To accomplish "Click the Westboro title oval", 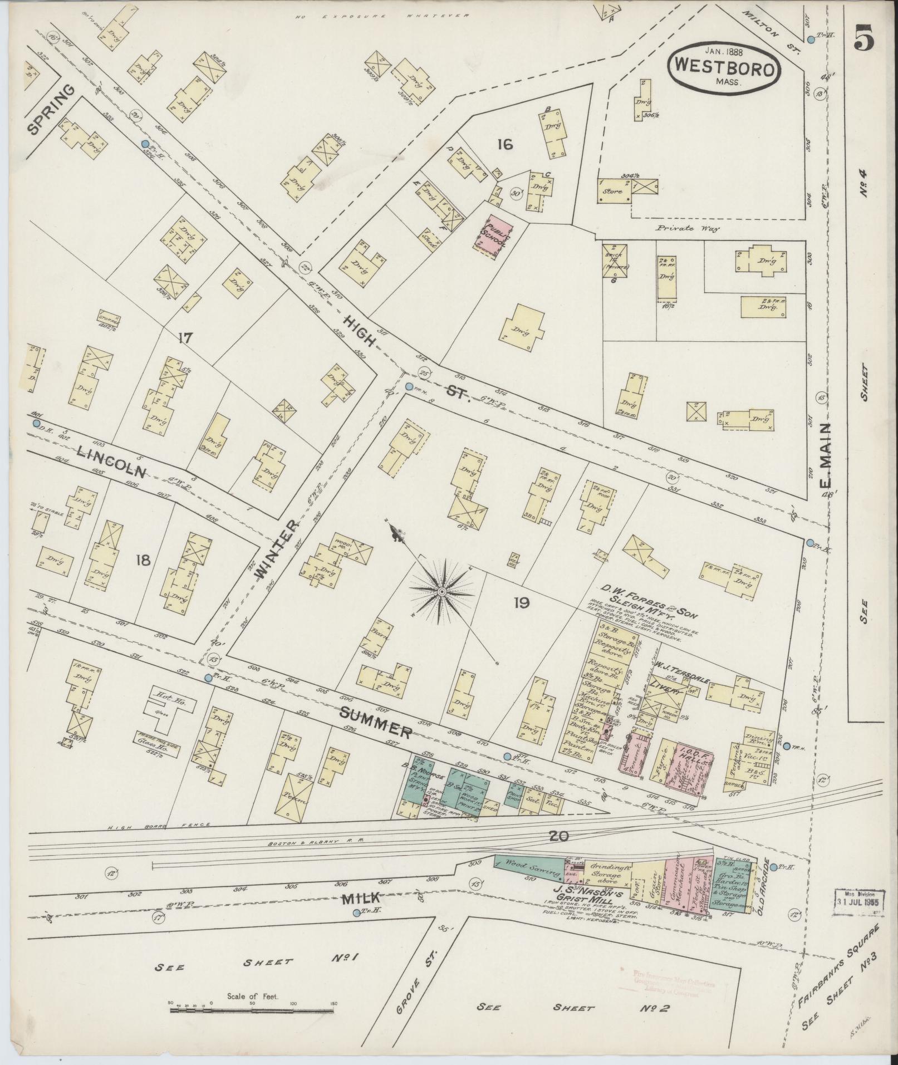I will point(724,66).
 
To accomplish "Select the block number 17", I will point(185,337).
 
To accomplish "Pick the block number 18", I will point(143,560).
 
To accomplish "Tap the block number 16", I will point(504,145).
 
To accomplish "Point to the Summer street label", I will point(376,720).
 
